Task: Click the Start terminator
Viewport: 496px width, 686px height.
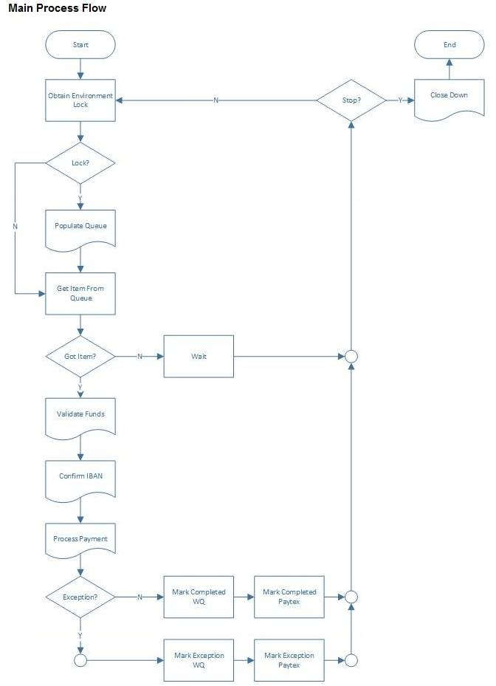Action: (x=80, y=44)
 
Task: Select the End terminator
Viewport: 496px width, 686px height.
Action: (x=449, y=44)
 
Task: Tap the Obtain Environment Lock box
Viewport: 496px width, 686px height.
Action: (x=80, y=100)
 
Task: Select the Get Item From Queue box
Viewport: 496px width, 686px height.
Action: (x=80, y=293)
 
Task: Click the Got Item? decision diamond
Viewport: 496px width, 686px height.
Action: (x=80, y=356)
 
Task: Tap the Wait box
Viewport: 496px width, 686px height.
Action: (x=199, y=356)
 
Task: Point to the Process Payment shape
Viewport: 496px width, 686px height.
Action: (x=80, y=541)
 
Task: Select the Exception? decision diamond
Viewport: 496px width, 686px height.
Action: (x=80, y=597)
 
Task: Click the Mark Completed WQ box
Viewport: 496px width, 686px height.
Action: (x=199, y=597)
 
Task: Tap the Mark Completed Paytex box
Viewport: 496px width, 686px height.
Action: (x=289, y=597)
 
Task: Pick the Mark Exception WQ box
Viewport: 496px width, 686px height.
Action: (x=199, y=660)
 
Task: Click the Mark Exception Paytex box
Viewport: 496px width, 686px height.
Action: (x=289, y=660)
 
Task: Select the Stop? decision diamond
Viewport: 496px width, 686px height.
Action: (x=351, y=100)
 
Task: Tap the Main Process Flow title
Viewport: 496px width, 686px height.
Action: (x=58, y=9)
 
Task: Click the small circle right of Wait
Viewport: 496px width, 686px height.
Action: (x=351, y=357)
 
